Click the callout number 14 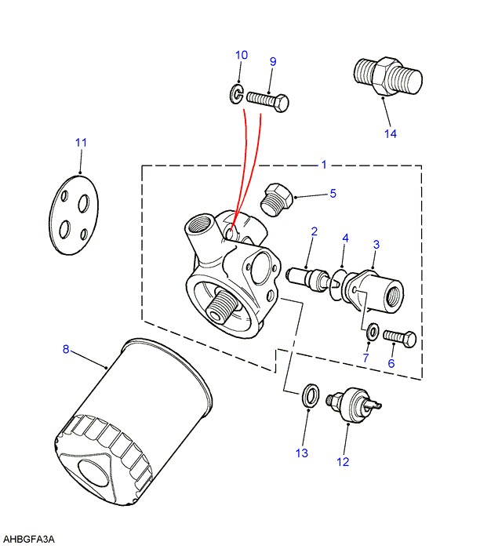[x=391, y=133]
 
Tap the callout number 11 [x=81, y=143]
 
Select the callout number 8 [x=66, y=349]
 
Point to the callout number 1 [x=324, y=165]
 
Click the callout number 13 [x=302, y=453]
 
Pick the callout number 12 [x=343, y=462]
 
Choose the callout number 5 [x=333, y=193]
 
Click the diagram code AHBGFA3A [x=29, y=539]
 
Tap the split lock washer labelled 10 [x=236, y=94]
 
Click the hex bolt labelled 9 [x=268, y=100]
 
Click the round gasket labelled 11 [x=74, y=214]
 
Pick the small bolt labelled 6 [x=400, y=338]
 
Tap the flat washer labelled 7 [x=373, y=332]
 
